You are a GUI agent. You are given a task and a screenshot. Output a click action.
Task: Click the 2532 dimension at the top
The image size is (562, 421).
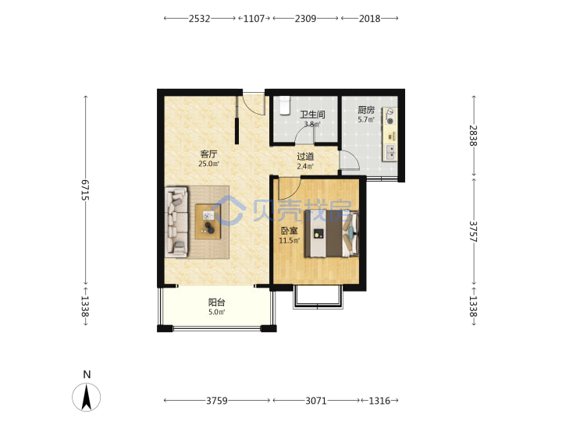199,18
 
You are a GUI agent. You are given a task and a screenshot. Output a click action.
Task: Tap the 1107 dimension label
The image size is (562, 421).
254,18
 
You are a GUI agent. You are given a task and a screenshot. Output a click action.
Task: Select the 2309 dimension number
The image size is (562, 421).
305,18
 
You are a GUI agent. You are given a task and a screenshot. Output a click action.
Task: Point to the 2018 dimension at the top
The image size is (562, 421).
369,18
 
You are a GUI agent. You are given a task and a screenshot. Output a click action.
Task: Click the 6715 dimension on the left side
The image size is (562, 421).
85,189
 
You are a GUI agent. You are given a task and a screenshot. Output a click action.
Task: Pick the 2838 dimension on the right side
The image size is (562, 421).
473,136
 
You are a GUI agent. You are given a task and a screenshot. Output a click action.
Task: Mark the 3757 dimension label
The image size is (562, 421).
473,232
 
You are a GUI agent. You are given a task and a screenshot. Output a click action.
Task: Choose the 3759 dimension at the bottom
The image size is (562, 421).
216,401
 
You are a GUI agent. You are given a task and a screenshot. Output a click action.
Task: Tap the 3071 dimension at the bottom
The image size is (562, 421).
316,401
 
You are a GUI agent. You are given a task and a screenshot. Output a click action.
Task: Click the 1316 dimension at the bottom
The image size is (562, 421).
379,401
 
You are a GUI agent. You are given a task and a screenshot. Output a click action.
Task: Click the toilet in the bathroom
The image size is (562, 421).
285,105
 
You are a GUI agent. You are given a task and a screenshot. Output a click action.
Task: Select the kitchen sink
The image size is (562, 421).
390,152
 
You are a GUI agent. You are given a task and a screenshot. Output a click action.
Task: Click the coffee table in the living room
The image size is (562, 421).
208,221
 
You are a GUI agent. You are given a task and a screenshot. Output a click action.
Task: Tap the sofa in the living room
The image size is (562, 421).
176,221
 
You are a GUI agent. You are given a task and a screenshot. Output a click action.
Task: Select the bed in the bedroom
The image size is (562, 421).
332,233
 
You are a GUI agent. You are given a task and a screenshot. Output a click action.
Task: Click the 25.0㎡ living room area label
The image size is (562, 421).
208,164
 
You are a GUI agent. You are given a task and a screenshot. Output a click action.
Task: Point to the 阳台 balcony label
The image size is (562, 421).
216,302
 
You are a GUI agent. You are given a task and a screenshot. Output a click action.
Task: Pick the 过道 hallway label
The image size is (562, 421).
305,157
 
